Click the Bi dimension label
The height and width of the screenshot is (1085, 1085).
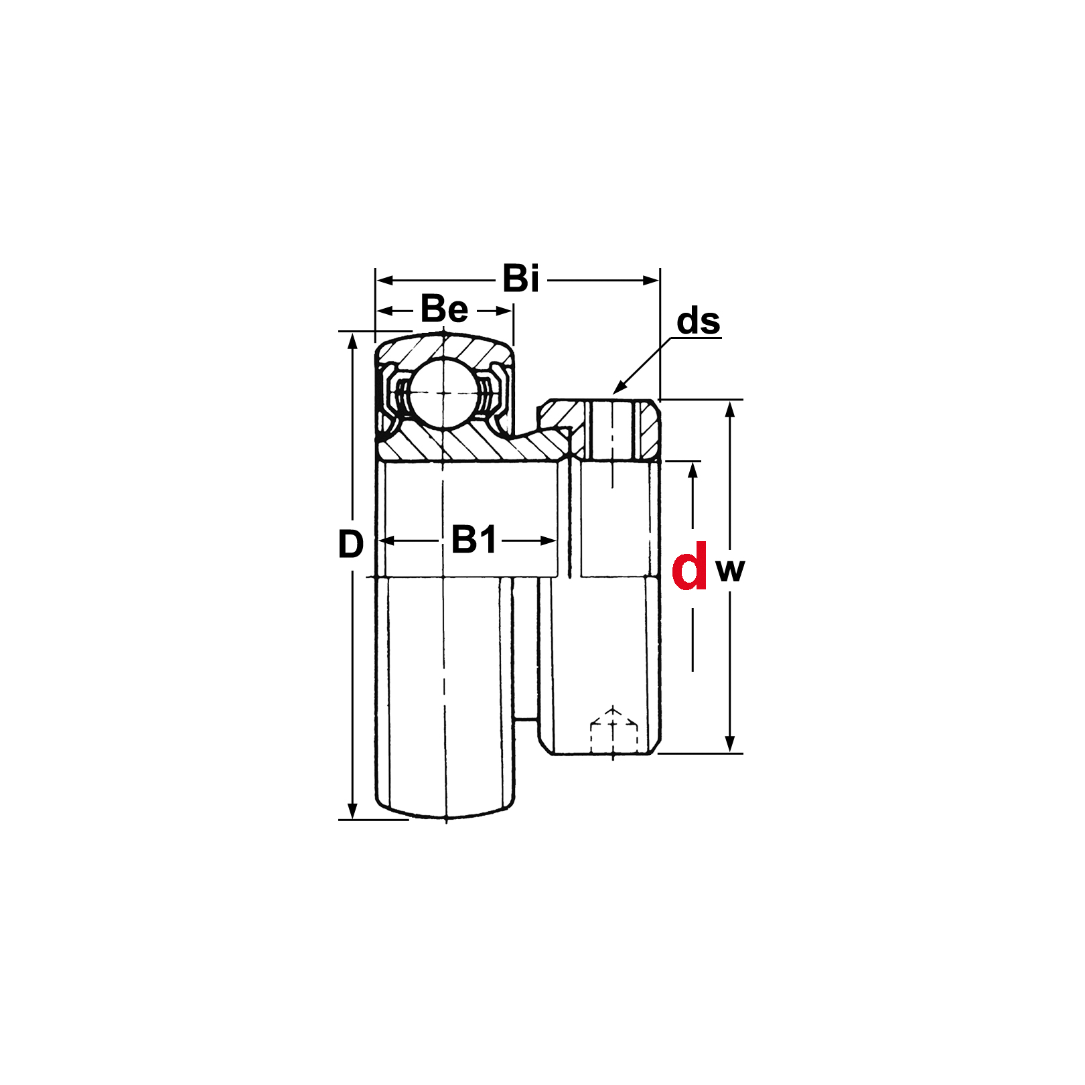coord(520,279)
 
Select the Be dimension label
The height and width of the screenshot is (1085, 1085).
coord(444,309)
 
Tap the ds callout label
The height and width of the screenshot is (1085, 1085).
coord(698,321)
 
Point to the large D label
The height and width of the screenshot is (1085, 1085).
coord(350,544)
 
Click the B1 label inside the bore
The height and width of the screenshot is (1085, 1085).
coord(474,540)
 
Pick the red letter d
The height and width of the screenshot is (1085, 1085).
coord(689,566)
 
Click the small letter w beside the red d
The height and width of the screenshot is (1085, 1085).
coord(730,571)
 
